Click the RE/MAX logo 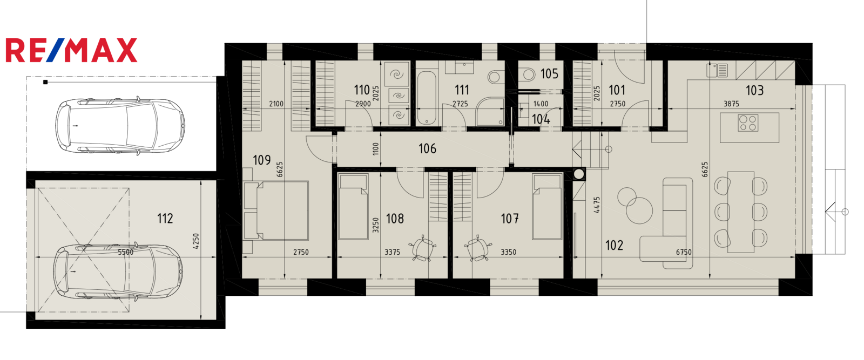(x=71, y=50)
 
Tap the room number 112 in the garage (x=165, y=219)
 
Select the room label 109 (x=262, y=160)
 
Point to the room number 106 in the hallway (x=427, y=148)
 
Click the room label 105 (x=549, y=73)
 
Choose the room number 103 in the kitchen (x=754, y=90)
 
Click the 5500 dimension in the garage (x=125, y=252)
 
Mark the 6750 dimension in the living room (x=684, y=252)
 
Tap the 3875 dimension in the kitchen (x=731, y=104)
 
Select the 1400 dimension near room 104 (x=541, y=104)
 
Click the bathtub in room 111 (x=427, y=98)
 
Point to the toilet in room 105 (x=527, y=73)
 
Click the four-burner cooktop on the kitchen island (x=748, y=124)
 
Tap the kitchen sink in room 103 (x=717, y=70)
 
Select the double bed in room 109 (x=276, y=210)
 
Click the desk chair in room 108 (x=423, y=247)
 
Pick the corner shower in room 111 (x=490, y=112)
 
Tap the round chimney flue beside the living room (x=579, y=174)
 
